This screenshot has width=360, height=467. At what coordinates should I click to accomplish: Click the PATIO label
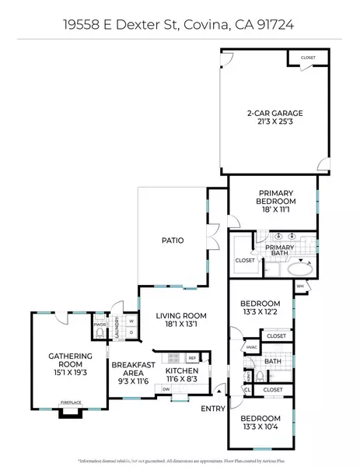(173, 241)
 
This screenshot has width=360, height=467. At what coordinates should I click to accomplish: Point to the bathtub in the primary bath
(296, 269)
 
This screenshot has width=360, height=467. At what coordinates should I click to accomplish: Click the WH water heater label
(299, 286)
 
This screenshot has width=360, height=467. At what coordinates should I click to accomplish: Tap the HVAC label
(251, 347)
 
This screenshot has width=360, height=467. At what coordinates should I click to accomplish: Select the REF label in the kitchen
(191, 357)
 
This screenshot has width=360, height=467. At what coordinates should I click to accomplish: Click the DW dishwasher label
(166, 388)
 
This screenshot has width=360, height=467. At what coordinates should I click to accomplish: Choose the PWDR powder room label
(100, 325)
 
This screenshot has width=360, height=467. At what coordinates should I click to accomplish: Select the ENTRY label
(212, 409)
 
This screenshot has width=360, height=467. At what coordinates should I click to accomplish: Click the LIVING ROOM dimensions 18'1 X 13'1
(180, 325)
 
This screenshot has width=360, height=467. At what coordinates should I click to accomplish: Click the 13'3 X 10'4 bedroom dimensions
(260, 426)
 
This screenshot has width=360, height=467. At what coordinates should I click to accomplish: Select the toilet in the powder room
(100, 333)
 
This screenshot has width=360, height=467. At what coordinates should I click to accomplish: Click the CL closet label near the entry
(247, 389)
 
